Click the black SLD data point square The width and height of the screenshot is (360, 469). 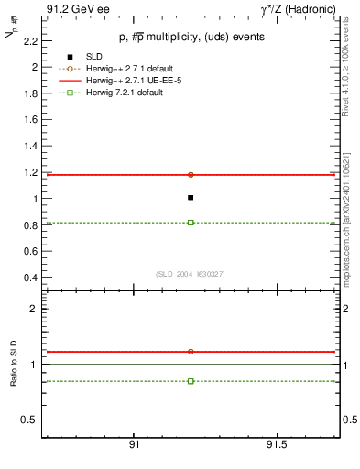point(191,197)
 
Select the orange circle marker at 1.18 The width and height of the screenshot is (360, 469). point(191,174)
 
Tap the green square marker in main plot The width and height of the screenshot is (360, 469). point(191,223)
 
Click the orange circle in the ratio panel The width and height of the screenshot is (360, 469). point(191,351)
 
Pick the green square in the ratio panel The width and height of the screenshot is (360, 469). point(191,380)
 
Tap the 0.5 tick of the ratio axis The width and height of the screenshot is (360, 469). point(29,420)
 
